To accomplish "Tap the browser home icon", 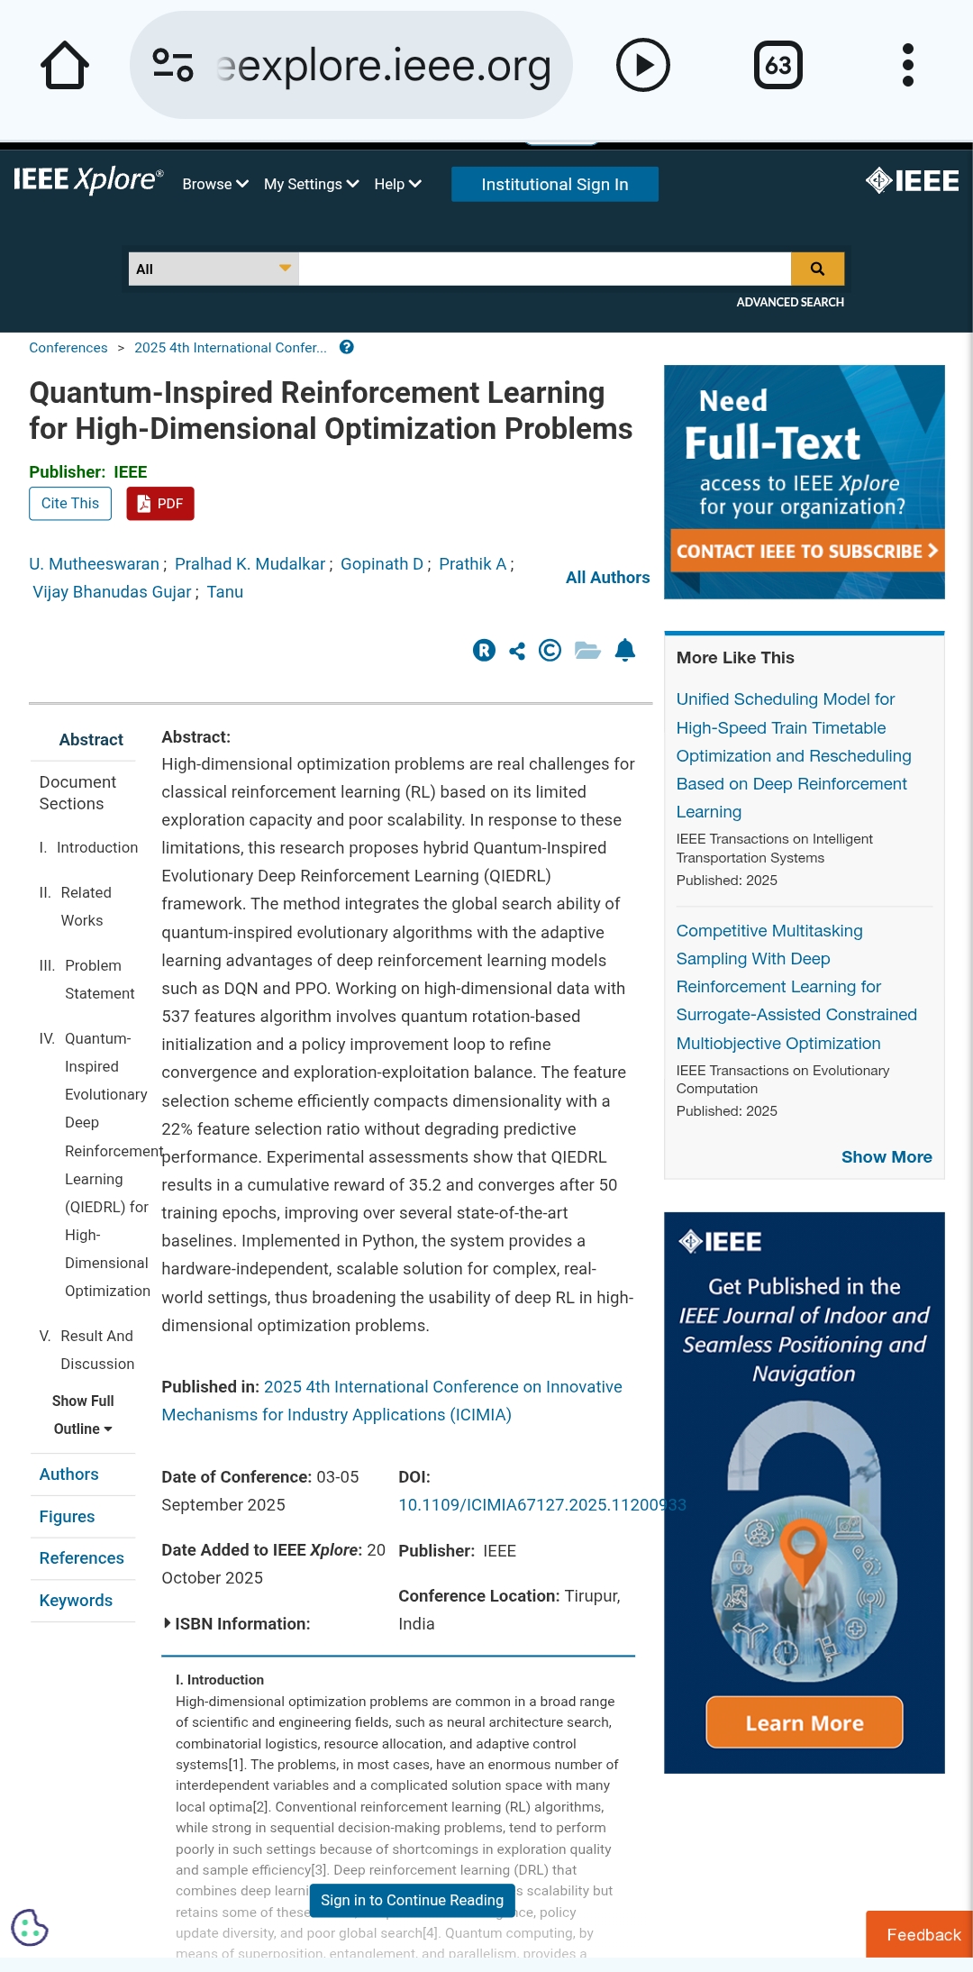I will [x=65, y=66].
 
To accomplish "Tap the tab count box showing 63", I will [x=777, y=66].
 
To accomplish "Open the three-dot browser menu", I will [x=907, y=66].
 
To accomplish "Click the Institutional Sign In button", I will [x=554, y=184].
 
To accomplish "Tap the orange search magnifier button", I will [x=817, y=269].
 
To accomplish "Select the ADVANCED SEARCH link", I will [x=789, y=302].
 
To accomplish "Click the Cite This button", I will [x=70, y=503].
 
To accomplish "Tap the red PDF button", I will [x=160, y=503].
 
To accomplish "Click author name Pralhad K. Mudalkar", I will [x=250, y=564].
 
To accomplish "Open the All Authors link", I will [x=607, y=578].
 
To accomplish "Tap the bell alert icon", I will [x=624, y=650].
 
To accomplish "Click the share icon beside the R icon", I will [x=517, y=650].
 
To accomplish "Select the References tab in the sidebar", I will [x=81, y=1558].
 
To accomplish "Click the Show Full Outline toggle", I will [x=83, y=1415].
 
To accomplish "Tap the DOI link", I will [x=541, y=1505].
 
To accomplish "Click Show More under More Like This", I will [x=886, y=1157].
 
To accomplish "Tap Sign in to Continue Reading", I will [x=412, y=1901].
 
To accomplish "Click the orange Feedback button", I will [x=923, y=1935].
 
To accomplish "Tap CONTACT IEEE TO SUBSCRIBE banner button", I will [x=805, y=551].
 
